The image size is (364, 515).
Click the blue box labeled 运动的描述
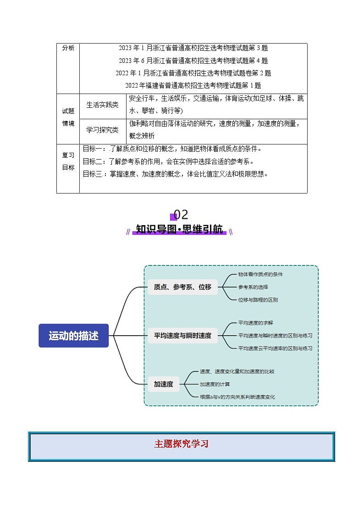point(73,335)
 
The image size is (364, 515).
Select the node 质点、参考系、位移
point(182,287)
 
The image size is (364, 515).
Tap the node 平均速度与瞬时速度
point(182,335)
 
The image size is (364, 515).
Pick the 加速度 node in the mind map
point(164,384)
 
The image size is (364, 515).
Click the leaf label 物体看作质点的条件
point(260,274)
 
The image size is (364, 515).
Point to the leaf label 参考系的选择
point(253,287)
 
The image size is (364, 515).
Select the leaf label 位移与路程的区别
point(258,299)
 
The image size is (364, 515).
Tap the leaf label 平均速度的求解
point(256,322)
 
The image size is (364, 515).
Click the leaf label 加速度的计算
point(215,384)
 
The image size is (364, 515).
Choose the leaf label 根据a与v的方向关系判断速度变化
point(237,397)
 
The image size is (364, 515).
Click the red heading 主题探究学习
point(182,444)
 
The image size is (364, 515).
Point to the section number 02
point(181,215)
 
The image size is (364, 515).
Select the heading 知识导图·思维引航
point(179,229)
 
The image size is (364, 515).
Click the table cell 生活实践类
point(102,105)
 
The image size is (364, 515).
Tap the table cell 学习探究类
point(102,130)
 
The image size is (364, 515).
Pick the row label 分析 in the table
point(68,48)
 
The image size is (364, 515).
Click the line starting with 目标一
point(172,149)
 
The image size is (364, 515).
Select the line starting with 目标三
point(175,174)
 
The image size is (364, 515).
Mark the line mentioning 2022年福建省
point(193,86)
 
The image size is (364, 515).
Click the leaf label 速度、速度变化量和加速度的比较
point(237,371)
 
